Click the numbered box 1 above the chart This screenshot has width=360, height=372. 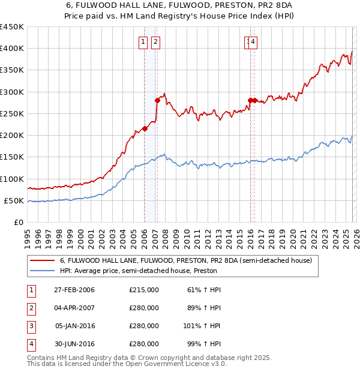(x=143, y=41)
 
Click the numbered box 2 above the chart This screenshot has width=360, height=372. (x=155, y=41)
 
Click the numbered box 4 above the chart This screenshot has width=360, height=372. (x=253, y=41)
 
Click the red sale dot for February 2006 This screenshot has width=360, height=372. (x=145, y=128)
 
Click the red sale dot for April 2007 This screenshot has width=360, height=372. (x=157, y=101)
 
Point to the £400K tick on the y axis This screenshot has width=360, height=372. (x=12, y=49)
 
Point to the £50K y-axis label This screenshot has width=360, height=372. (x=14, y=201)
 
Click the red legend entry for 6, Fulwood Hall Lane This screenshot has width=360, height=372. (x=185, y=261)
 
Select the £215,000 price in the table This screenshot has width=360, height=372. (x=144, y=290)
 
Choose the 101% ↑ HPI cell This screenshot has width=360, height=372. (x=202, y=326)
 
